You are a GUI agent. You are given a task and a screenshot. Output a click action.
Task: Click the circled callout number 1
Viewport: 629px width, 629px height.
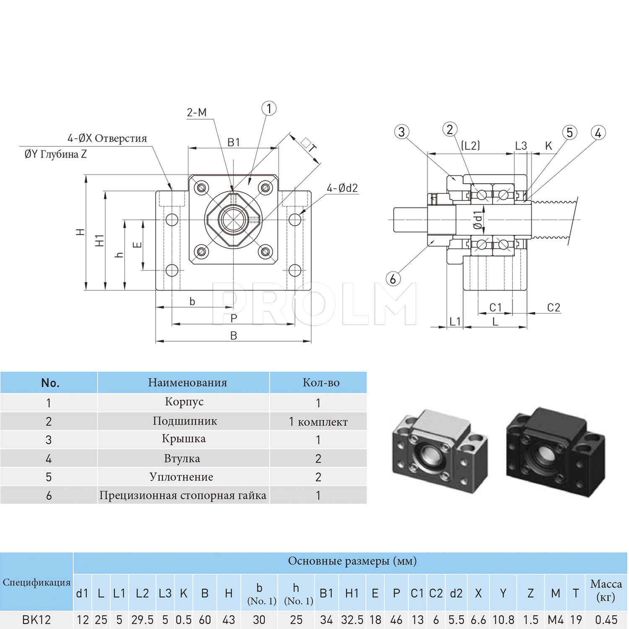pyautogui.click(x=269, y=109)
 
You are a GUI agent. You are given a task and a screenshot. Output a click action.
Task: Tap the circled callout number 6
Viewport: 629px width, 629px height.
pyautogui.click(x=393, y=278)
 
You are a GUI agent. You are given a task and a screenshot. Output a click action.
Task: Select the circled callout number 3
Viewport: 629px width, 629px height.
pyautogui.click(x=402, y=132)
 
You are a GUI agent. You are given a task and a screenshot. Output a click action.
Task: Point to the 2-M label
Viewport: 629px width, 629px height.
pyautogui.click(x=197, y=112)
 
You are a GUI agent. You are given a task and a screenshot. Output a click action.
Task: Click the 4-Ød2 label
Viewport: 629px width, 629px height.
pyautogui.click(x=342, y=188)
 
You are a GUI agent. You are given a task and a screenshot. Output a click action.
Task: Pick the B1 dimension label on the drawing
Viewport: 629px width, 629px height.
pyautogui.click(x=234, y=142)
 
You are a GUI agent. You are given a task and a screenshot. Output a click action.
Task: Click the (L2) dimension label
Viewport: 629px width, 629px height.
pyautogui.click(x=470, y=146)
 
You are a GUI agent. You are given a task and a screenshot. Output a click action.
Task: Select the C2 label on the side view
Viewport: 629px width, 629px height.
pyautogui.click(x=554, y=308)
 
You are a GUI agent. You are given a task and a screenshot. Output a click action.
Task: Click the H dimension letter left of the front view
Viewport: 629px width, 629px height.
pyautogui.click(x=80, y=232)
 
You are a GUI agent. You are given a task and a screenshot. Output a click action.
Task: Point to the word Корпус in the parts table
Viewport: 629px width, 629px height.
pyautogui.click(x=184, y=402)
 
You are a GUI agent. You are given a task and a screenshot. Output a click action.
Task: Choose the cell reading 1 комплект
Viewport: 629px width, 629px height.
pyautogui.click(x=318, y=422)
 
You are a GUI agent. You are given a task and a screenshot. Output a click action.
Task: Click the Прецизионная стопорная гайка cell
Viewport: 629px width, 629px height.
pyautogui.click(x=183, y=496)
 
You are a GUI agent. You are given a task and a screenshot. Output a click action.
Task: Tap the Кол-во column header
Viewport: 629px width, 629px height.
pyautogui.click(x=321, y=382)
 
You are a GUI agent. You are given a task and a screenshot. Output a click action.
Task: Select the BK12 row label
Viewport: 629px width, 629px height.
pyautogui.click(x=36, y=620)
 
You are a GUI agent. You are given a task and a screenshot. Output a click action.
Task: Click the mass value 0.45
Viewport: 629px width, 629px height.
pyautogui.click(x=606, y=620)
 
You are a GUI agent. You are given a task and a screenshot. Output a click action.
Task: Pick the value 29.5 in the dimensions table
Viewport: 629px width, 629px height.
pyautogui.click(x=142, y=620)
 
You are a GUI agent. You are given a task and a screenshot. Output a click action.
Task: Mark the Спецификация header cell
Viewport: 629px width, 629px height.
pyautogui.click(x=36, y=582)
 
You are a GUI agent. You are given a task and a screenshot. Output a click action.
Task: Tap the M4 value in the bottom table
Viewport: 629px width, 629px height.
pyautogui.click(x=556, y=620)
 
